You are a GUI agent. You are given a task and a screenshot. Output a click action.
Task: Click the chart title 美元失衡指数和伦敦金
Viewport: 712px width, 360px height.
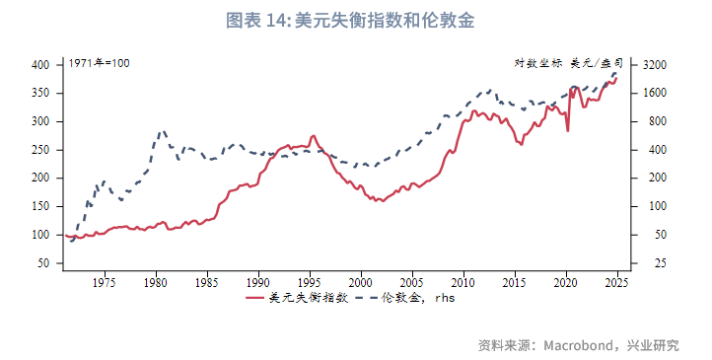point(356,21)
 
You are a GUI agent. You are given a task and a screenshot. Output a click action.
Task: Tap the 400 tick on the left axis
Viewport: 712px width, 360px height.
point(40,65)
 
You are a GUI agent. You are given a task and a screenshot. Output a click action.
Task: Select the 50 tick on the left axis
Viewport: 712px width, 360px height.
point(43,263)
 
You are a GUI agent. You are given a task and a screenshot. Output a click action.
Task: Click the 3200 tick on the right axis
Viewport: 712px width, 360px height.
point(655,65)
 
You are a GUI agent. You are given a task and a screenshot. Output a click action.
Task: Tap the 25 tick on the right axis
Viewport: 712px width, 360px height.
point(649,263)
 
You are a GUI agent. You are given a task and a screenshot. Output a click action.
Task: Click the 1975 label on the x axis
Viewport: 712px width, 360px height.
point(104,282)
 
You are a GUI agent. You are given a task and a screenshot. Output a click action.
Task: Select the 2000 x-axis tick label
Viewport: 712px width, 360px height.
point(361,282)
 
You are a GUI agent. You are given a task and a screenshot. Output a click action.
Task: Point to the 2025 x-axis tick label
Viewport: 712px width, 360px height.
point(616,282)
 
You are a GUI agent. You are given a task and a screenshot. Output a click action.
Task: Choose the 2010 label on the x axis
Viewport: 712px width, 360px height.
point(463,282)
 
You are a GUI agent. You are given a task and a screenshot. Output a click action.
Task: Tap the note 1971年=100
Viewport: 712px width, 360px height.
point(99,63)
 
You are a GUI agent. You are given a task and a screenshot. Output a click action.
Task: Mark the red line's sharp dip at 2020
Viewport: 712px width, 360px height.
point(567,130)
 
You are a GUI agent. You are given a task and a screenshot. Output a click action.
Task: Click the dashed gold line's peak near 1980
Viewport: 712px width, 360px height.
point(163,130)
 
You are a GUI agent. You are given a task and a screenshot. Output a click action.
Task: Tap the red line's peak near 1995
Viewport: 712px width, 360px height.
point(314,135)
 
